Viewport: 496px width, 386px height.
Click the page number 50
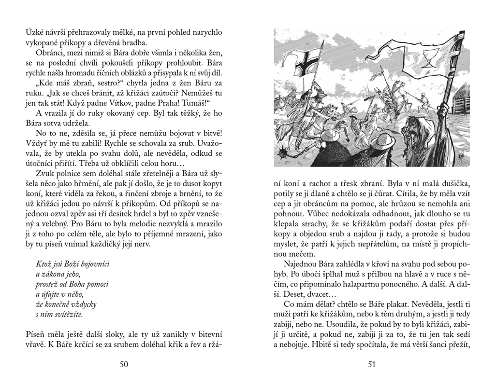click(124, 365)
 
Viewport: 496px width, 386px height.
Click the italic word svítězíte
click(69, 315)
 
